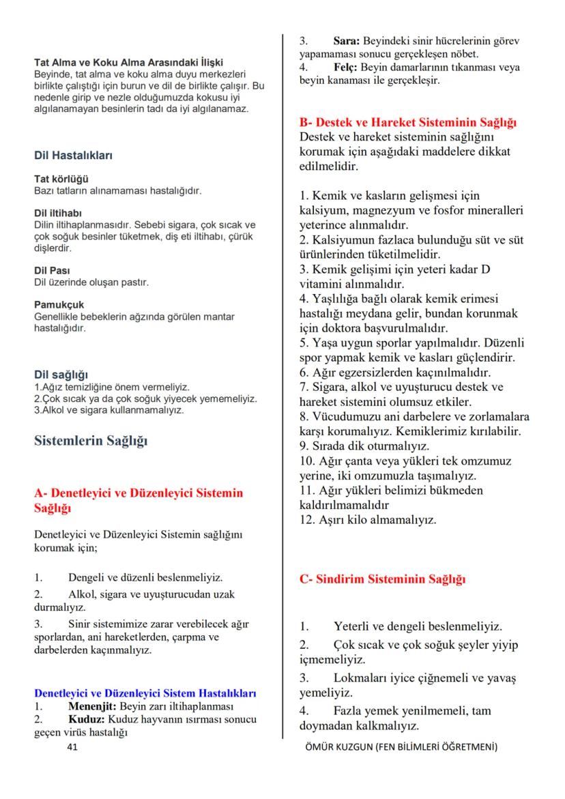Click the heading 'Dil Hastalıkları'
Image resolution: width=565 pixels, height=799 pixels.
click(x=73, y=155)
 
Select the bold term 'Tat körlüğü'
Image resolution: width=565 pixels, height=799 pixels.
click(x=57, y=179)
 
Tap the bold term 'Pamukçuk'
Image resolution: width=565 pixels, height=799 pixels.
click(x=59, y=304)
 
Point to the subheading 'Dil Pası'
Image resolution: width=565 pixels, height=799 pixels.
click(x=52, y=270)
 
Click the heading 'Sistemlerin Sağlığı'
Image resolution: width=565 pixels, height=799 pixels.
click(x=91, y=440)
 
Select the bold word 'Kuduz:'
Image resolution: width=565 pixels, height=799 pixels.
click(x=87, y=719)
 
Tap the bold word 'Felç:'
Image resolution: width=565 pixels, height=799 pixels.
click(x=345, y=67)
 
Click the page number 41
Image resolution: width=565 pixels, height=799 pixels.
click(x=73, y=747)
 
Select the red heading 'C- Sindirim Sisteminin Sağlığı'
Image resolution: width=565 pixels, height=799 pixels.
click(x=383, y=580)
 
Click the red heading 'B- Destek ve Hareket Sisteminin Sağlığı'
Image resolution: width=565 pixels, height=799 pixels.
click(x=408, y=123)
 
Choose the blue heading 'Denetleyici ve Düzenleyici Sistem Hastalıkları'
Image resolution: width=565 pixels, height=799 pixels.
click(x=145, y=693)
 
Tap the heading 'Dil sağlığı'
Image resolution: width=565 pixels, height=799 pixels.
click(x=61, y=375)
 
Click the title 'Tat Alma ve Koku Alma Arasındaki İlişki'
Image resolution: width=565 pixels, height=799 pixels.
click(x=128, y=62)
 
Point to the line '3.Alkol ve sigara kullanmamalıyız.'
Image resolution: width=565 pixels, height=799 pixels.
click(x=108, y=410)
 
